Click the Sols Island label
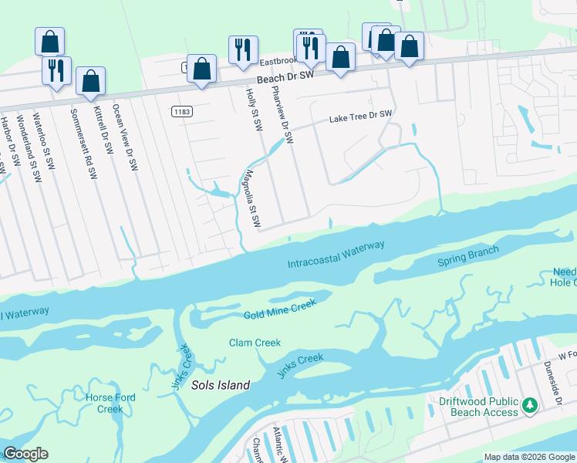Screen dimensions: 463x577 [222, 385]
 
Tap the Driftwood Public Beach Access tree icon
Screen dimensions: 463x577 [529, 404]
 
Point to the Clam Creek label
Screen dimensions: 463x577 [255, 343]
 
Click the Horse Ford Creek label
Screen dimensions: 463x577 [110, 403]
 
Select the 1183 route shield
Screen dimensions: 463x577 [181, 112]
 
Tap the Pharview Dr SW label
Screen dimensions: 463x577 [283, 114]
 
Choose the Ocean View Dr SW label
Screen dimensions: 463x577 [125, 137]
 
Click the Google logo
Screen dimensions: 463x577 [25, 454]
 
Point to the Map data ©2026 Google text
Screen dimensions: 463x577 [528, 457]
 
